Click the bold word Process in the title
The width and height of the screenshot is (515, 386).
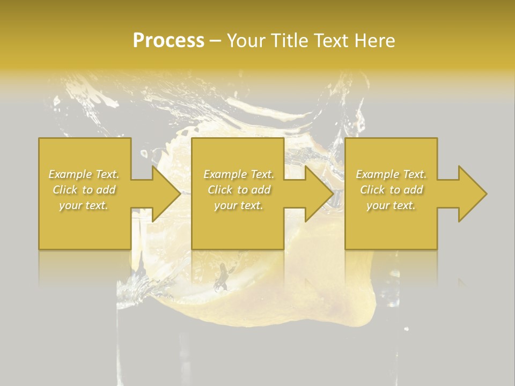coord(168,41)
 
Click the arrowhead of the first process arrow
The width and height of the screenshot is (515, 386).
coord(165,194)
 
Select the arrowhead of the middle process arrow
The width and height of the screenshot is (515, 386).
coord(318,194)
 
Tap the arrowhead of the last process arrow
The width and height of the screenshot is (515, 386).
coord(472,194)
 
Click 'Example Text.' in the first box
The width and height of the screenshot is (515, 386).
coord(84,174)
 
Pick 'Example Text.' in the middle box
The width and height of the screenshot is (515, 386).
coord(239,174)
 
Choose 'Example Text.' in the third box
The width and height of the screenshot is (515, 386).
coord(391,174)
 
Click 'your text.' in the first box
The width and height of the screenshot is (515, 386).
coord(84,205)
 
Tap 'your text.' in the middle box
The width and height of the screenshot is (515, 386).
coord(239,205)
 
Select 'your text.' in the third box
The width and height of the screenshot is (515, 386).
coord(391,205)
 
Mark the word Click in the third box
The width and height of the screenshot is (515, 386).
coord(373,190)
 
